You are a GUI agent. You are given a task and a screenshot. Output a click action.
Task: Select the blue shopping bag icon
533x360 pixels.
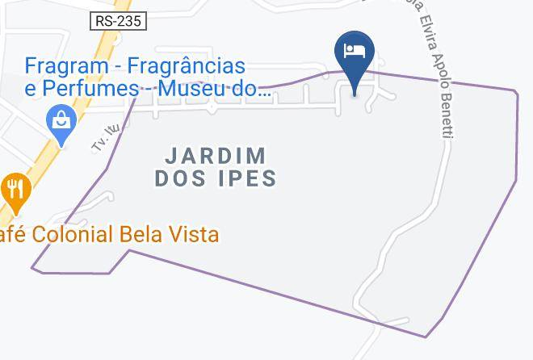[61, 123]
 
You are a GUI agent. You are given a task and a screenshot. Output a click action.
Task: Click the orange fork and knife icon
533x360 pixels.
[15, 191]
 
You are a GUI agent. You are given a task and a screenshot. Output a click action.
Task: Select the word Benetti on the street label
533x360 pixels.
[447, 115]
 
